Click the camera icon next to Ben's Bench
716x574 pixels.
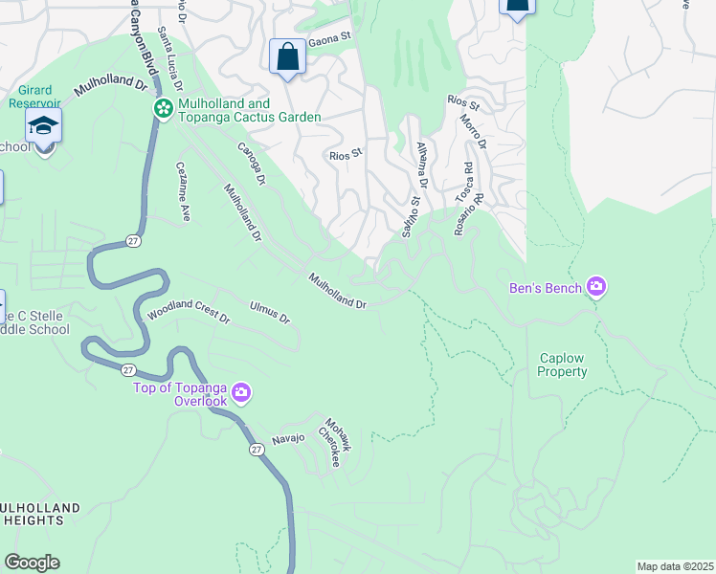pyautogui.click(x=597, y=286)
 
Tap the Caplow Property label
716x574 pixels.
pyautogui.click(x=562, y=364)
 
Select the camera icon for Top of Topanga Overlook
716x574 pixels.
pyautogui.click(x=241, y=392)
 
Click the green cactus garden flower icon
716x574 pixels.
pyautogui.click(x=163, y=110)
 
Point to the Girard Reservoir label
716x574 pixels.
pyautogui.click(x=35, y=102)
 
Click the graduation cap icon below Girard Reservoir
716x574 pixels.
pyautogui.click(x=43, y=126)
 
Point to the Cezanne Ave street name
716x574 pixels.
pyautogui.click(x=184, y=191)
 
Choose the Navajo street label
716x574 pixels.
pyautogui.click(x=288, y=438)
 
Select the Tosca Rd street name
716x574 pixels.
pyautogui.click(x=463, y=180)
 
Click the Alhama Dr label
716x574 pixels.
pyautogui.click(x=421, y=165)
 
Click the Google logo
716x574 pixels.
pyautogui.click(x=32, y=563)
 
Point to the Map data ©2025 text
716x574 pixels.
pyautogui.click(x=675, y=566)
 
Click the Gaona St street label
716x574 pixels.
pyautogui.click(x=324, y=43)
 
